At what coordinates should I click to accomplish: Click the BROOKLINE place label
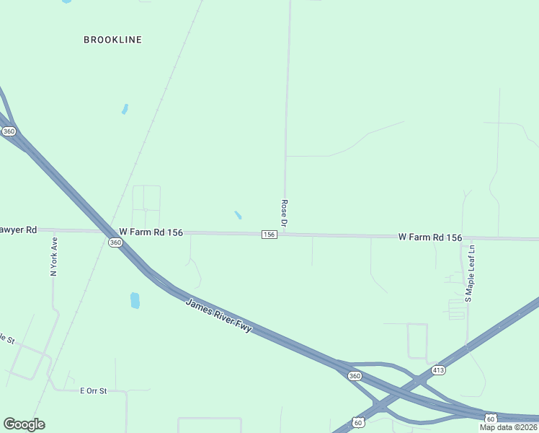tap(112, 40)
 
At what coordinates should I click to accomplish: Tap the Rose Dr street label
tap(285, 214)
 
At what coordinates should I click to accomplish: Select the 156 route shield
tap(269, 235)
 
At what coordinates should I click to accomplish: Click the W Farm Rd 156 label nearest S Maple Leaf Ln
tap(429, 237)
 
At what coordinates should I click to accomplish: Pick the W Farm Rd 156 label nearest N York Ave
tap(151, 232)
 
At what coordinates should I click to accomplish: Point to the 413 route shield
tap(439, 370)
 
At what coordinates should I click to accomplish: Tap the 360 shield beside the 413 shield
tap(354, 376)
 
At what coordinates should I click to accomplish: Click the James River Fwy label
tap(218, 315)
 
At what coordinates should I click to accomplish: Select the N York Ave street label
tap(53, 257)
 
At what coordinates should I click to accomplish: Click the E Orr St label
tap(93, 390)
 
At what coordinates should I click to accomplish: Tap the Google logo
tap(24, 424)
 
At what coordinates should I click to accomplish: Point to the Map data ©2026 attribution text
tap(509, 427)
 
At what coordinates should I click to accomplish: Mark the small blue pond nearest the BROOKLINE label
tap(125, 109)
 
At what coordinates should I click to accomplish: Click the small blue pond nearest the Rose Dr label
tap(238, 215)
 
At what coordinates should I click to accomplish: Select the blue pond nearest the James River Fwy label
tap(135, 300)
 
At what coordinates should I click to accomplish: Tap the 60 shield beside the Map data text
tap(490, 418)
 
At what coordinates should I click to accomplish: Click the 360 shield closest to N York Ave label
tap(115, 243)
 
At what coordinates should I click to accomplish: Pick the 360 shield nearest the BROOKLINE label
tap(9, 131)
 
